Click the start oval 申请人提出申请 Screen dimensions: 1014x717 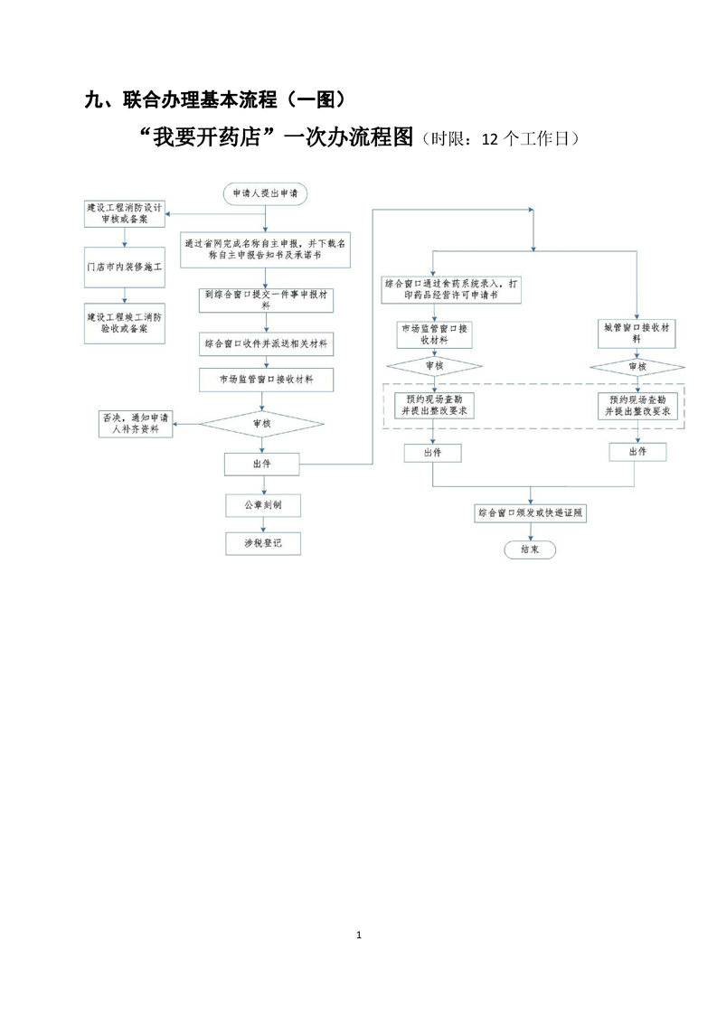[264, 193]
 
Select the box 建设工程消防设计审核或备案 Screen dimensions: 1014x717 [125, 213]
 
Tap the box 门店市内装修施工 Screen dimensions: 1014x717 [125, 268]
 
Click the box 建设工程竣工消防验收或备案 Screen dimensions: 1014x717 [125, 324]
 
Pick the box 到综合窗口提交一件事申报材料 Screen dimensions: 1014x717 [265, 299]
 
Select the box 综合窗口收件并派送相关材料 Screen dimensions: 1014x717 [265, 344]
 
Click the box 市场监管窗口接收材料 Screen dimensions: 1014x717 [265, 380]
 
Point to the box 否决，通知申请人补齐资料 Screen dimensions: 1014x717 [136, 423]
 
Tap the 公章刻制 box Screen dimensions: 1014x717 [262, 505]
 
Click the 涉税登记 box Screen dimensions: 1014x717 [262, 543]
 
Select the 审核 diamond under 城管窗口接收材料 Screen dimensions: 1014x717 [637, 367]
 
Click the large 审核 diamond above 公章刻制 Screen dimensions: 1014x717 [262, 423]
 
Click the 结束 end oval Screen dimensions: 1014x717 [530, 549]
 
